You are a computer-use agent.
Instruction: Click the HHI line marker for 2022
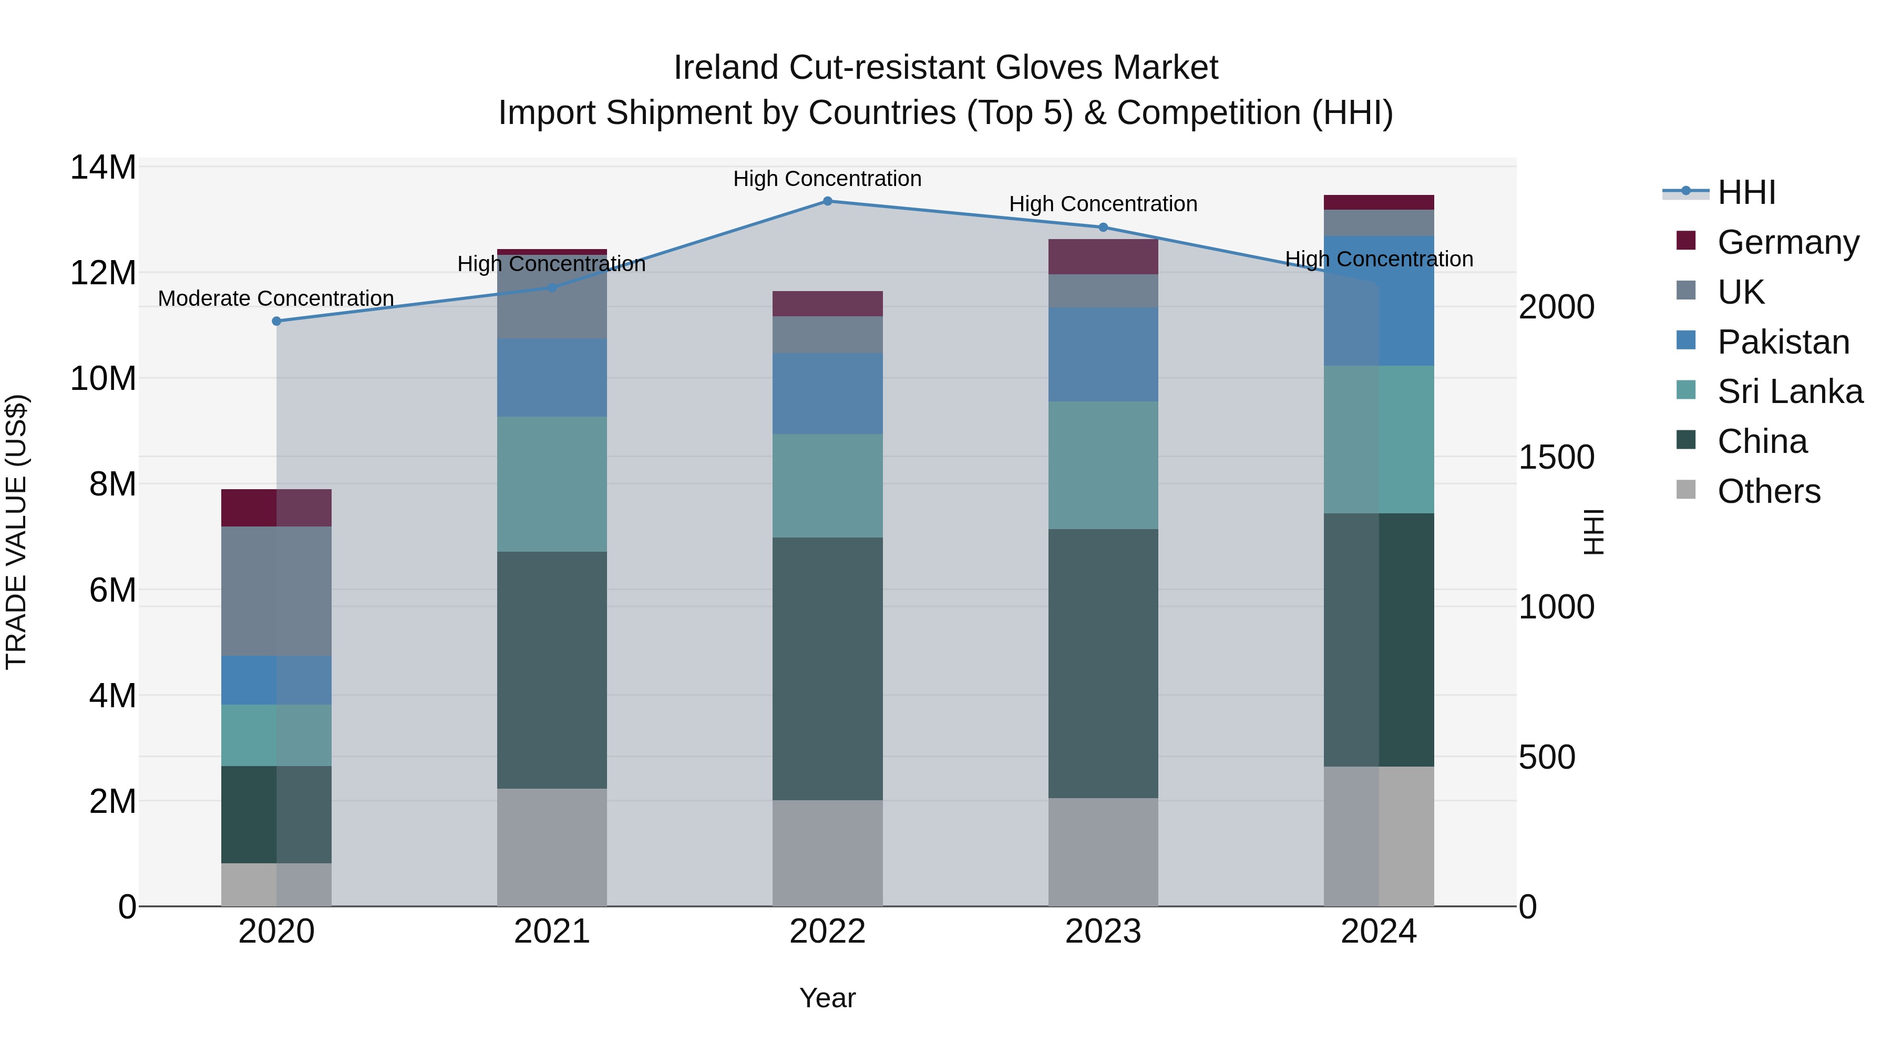coord(827,201)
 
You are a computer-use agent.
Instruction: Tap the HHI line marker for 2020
coord(276,321)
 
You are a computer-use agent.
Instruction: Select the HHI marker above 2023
coord(1103,228)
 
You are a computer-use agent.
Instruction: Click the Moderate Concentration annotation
coord(276,299)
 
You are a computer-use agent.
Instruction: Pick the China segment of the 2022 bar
coord(827,668)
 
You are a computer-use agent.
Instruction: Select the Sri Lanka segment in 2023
coord(1103,465)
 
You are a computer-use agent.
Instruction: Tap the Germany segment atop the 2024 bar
coord(1378,203)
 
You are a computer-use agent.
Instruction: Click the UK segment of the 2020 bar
coord(276,591)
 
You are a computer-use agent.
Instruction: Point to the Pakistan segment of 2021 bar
coord(552,377)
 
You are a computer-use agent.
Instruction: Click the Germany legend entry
coord(1788,242)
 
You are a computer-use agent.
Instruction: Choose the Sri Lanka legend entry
coord(1789,391)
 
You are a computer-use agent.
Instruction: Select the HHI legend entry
coord(1746,192)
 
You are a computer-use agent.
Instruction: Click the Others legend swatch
coord(1685,490)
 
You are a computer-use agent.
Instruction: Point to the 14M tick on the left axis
coord(103,168)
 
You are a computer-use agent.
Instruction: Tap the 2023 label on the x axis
coord(1103,932)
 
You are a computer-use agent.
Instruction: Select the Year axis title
coord(827,998)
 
